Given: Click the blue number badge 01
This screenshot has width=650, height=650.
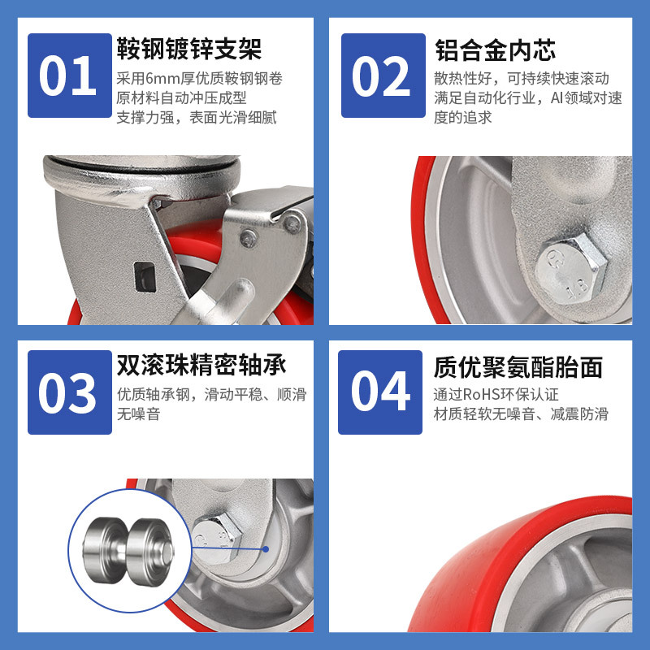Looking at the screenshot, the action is coord(70,76).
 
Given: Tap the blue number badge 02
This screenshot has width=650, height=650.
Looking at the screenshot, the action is coord(383,76).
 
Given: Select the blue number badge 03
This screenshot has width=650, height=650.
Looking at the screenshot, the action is coord(70,392).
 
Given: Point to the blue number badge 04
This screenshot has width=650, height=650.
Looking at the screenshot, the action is coord(380,392).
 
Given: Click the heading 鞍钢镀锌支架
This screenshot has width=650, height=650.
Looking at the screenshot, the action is coord(189,49).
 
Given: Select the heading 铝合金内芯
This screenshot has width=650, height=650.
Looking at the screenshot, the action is coord(495,50).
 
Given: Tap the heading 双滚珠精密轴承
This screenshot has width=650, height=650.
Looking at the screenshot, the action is coord(201,365).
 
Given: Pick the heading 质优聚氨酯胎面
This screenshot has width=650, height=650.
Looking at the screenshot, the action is coord(518,367).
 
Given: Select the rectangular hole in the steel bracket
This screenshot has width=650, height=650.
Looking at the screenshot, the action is coord(145,277).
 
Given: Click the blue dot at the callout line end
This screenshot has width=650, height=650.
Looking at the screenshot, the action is coord(266,549).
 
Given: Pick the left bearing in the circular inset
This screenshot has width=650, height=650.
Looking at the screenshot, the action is coord(106,550).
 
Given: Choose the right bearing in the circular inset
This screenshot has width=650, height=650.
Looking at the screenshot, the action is coord(151,552).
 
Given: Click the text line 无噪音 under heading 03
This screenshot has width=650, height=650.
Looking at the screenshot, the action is coord(138,414).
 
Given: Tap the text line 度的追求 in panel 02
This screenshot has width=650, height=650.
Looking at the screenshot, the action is coord(462,118).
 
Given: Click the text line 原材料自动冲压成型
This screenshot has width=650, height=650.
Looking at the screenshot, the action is coord(181,98).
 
